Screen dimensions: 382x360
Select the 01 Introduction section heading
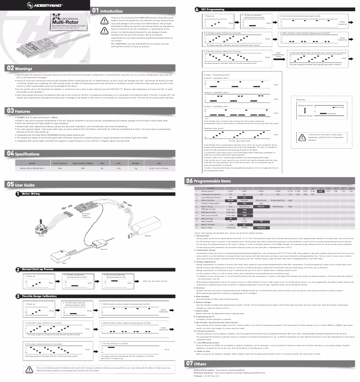104,10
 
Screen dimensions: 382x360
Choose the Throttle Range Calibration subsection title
39,297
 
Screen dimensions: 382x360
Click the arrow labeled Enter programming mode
278,56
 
